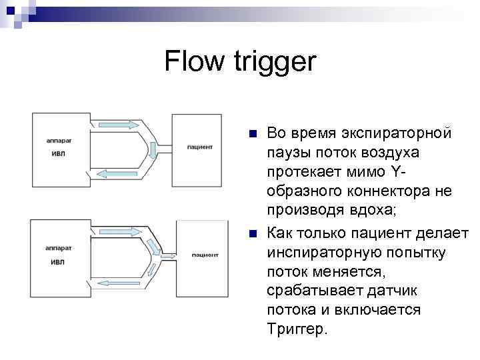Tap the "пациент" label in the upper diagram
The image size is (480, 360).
(199, 146)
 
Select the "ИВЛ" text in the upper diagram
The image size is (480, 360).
(59, 153)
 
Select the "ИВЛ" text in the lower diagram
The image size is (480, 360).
(59, 262)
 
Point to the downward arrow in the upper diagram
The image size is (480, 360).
(153, 150)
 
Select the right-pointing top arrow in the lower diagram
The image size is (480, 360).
(121, 231)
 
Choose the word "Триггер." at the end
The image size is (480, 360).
(298, 329)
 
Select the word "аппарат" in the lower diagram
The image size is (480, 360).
(59, 247)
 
